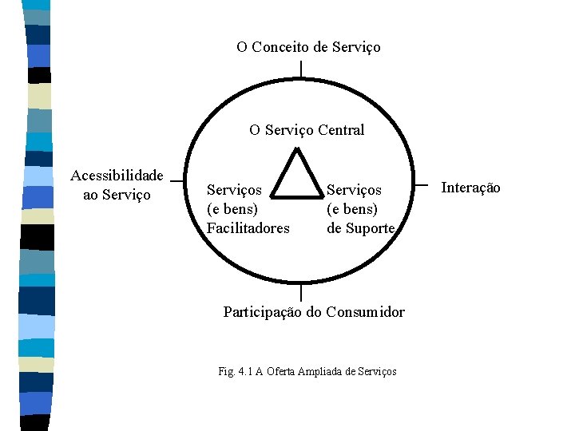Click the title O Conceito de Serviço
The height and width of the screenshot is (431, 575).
[x=308, y=47]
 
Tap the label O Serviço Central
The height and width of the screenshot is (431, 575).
[x=307, y=130]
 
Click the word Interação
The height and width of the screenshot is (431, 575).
[x=471, y=188]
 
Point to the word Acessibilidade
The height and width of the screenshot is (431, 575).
[x=117, y=176]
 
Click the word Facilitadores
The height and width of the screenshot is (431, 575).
[x=248, y=229]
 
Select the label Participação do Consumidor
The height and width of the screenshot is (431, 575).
[x=314, y=312]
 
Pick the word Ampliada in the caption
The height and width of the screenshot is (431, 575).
[x=319, y=372]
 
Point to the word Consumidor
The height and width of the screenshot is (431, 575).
[x=366, y=312]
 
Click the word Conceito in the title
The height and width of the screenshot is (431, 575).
[x=280, y=47]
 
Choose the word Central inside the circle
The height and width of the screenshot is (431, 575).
[x=341, y=130]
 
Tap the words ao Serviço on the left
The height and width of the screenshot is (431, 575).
[x=117, y=195]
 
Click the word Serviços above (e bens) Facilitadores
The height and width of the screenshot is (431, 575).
[x=234, y=191]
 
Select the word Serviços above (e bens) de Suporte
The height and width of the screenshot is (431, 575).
[x=355, y=191]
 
